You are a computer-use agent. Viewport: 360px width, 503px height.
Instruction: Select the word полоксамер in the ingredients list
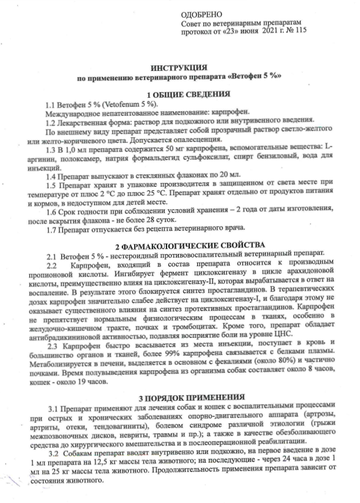pos(89,158)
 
